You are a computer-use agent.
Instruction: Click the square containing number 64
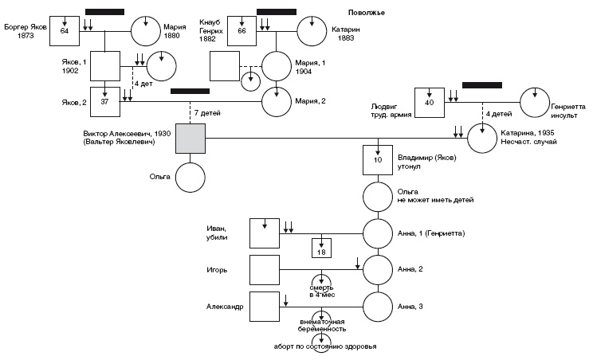coord(65,30)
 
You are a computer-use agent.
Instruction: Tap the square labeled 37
coord(104,101)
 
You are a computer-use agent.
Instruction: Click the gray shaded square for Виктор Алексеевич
coord(190,139)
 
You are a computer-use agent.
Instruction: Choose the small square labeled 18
coord(321,251)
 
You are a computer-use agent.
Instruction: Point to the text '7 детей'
coord(209,113)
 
